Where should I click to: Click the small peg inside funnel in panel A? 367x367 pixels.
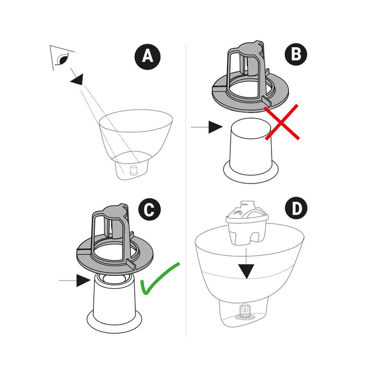(133, 170)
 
